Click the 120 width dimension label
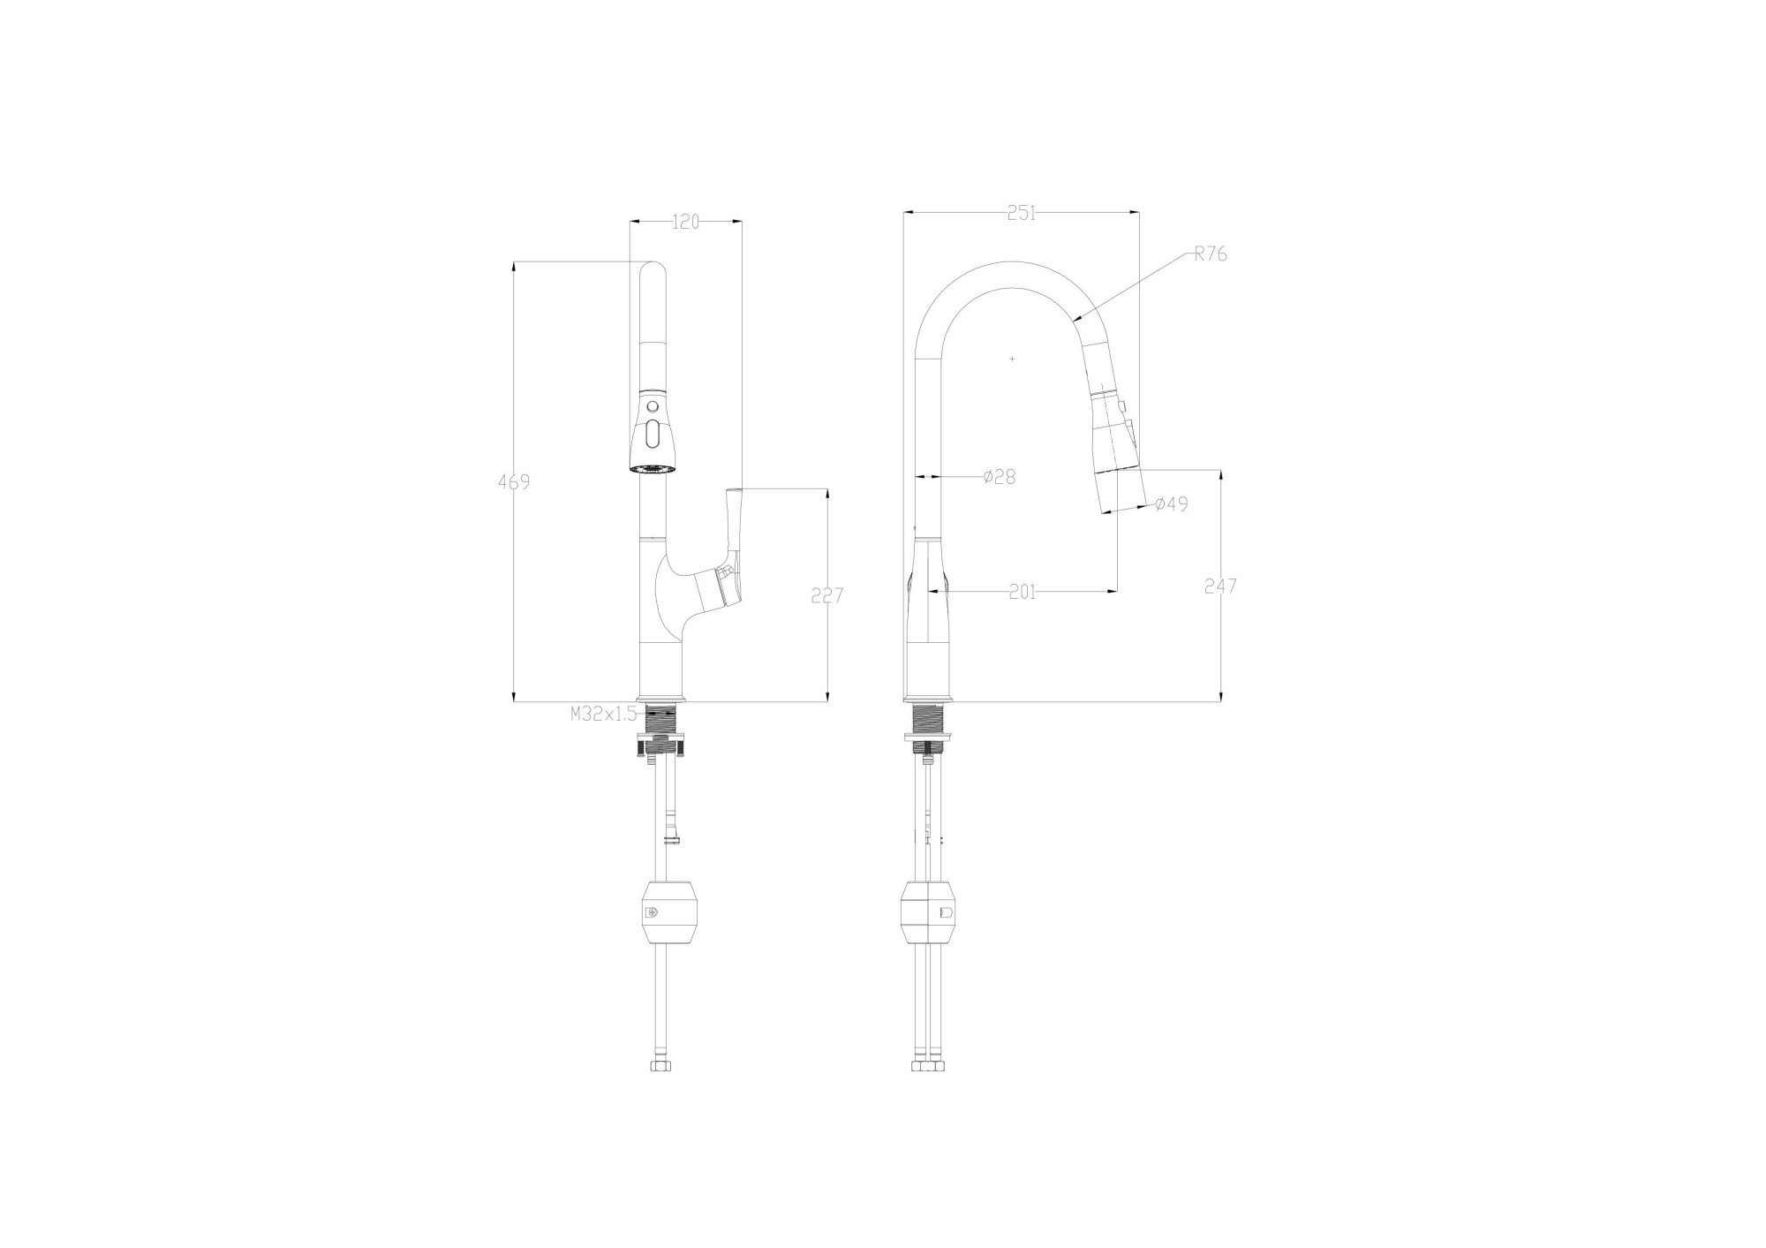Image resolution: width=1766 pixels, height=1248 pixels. (x=685, y=222)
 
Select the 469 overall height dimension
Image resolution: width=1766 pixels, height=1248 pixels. (x=514, y=482)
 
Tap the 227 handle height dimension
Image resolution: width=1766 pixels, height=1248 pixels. (x=827, y=595)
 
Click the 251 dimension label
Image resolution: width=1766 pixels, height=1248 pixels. (x=1021, y=213)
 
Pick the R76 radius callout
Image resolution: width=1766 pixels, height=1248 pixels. (x=1211, y=254)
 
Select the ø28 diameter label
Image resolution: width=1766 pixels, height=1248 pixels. (x=1000, y=477)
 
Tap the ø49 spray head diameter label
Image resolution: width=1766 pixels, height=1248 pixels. (x=1171, y=504)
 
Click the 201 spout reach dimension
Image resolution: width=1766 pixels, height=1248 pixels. (x=1022, y=592)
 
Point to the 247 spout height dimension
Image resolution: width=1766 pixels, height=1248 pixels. (x=1220, y=586)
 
